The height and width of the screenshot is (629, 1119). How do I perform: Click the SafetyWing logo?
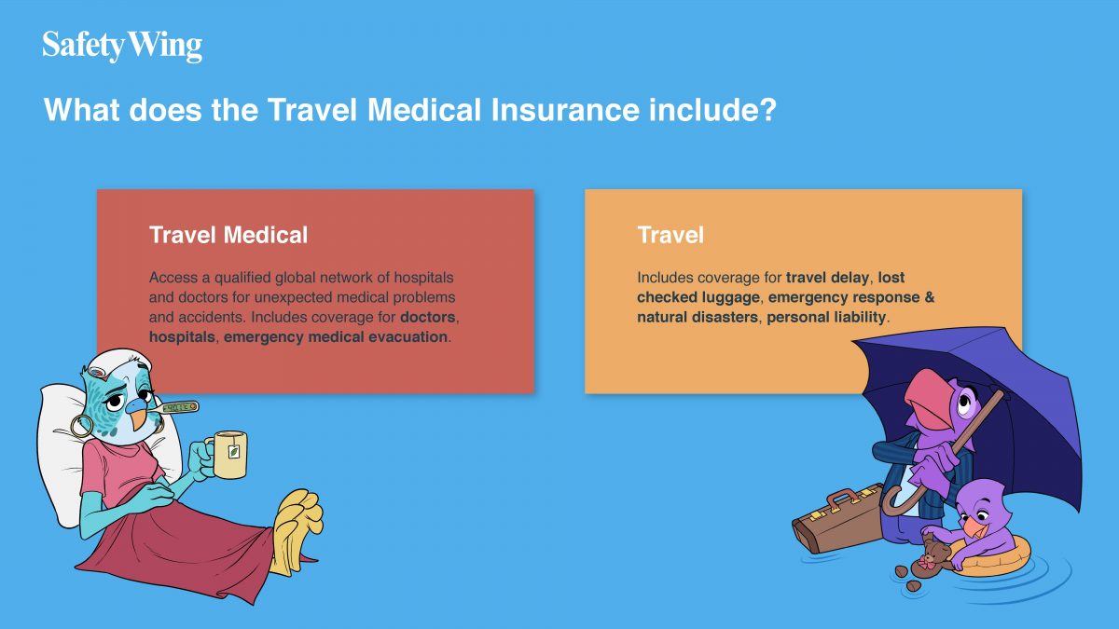pyautogui.click(x=122, y=46)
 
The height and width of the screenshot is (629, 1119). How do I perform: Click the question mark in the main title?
pyautogui.click(x=767, y=109)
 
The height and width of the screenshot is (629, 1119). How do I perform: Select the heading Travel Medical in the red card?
pyautogui.click(x=228, y=235)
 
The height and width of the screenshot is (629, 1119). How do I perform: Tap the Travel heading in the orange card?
pyautogui.click(x=670, y=235)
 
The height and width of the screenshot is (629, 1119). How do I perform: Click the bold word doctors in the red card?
pyautogui.click(x=428, y=317)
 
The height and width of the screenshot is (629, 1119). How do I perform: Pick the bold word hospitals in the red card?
pyautogui.click(x=182, y=337)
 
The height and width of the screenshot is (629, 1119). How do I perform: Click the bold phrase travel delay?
pyautogui.click(x=827, y=278)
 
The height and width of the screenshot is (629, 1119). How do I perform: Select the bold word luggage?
pyautogui.click(x=730, y=297)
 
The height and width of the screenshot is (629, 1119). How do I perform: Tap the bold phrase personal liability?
pyautogui.click(x=826, y=318)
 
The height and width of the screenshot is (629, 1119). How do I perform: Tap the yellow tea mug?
pyautogui.click(x=228, y=455)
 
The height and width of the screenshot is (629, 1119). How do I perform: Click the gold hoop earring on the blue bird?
pyautogui.click(x=81, y=426)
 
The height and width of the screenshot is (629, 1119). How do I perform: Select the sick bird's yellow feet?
pyautogui.click(x=298, y=529)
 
